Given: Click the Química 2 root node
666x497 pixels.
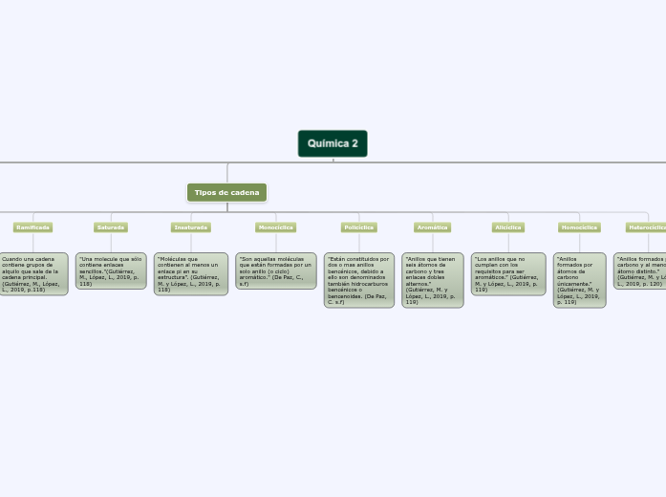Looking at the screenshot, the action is click(333, 143).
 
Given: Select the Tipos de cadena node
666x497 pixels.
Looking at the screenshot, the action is click(226, 192).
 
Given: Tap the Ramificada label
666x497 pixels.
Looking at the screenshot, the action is click(32, 227).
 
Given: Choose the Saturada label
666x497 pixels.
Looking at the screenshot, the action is click(111, 227).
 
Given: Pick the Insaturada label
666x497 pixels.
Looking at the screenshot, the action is click(191, 227).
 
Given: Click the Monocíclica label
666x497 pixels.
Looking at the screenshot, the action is click(275, 227).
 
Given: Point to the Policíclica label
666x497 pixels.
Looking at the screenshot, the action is click(359, 227).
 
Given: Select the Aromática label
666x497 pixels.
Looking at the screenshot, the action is click(432, 227).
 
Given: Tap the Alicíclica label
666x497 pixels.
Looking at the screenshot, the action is click(507, 227).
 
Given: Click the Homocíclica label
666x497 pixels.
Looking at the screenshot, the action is click(579, 227).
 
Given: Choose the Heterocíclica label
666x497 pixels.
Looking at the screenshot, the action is click(648, 227).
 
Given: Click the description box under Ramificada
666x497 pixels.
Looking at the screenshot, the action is click(32, 273).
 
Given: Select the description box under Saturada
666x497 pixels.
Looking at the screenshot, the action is click(111, 270).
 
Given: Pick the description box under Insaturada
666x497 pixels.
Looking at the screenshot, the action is click(191, 273).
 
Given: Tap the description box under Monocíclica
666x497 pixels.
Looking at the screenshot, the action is click(275, 270).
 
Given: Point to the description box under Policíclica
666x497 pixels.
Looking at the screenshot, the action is click(359, 279).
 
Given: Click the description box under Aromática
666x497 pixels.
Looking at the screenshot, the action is click(432, 279).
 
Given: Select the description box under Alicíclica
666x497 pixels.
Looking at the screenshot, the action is click(507, 273).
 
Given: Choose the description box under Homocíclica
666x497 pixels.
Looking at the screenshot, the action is click(579, 279).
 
